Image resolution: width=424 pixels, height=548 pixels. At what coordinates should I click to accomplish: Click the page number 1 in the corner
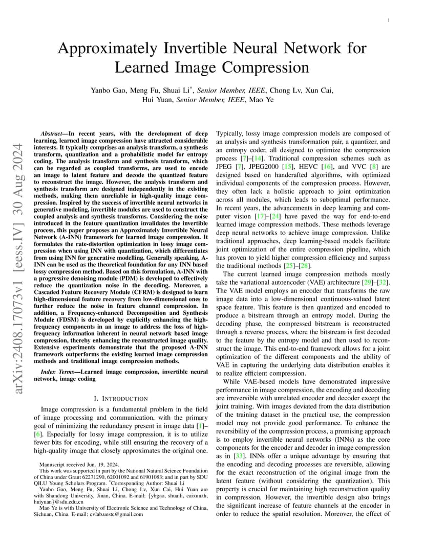click(389, 20)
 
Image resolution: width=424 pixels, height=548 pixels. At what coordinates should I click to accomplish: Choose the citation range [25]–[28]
click(295, 265)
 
